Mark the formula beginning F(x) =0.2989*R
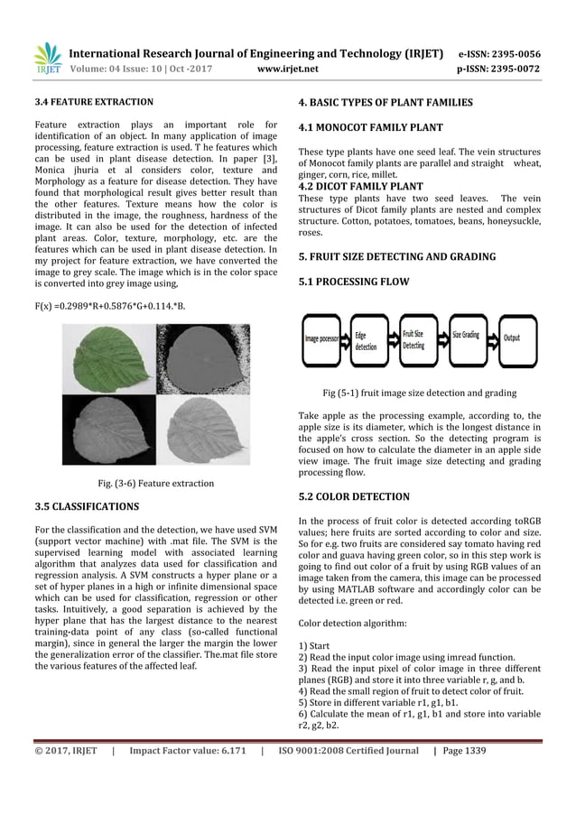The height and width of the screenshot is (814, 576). click(x=110, y=307)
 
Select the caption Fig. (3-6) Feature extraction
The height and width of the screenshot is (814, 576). click(x=154, y=483)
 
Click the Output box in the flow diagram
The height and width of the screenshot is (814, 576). click(x=512, y=338)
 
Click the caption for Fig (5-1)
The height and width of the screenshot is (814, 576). click(x=420, y=393)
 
